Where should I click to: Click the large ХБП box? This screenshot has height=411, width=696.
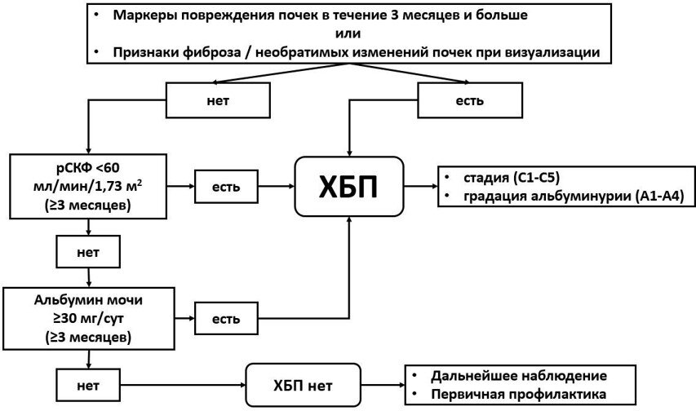[349, 187]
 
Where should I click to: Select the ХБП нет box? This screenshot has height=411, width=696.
[302, 382]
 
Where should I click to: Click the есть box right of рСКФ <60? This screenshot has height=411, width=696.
[226, 188]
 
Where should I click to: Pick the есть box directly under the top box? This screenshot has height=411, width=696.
[469, 100]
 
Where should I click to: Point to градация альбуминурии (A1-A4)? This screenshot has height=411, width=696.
[563, 197]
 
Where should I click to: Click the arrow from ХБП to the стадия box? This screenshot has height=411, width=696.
[419, 187]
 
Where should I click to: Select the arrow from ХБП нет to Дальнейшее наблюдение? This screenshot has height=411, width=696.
[381, 382]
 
